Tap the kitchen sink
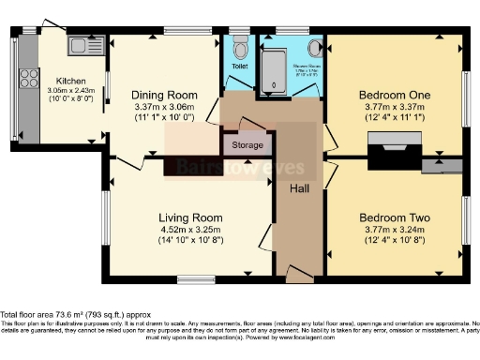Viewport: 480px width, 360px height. tap(76, 45)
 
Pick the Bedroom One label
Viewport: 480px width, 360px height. tap(393, 95)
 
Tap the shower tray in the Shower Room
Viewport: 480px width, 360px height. tap(274, 71)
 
